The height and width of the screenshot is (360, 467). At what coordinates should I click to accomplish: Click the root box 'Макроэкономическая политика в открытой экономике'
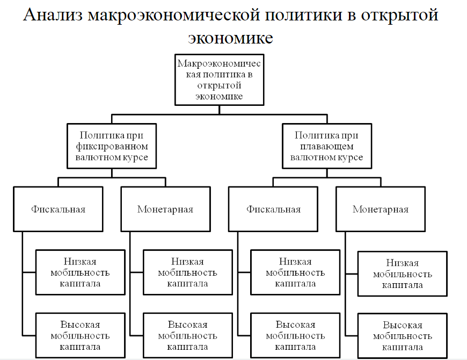219,79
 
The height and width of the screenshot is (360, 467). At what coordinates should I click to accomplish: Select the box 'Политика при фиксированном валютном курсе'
112,146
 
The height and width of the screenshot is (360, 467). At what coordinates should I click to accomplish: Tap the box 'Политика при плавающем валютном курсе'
326,146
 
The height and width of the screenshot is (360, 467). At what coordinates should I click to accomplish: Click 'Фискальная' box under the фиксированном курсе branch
58,209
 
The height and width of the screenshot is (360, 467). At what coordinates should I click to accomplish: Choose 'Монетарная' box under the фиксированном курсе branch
165,209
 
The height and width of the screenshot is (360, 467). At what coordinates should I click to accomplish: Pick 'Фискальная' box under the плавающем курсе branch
273,209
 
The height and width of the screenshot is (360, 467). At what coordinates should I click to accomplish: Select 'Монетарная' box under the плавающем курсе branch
380,209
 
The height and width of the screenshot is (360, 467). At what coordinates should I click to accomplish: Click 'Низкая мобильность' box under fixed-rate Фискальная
81,272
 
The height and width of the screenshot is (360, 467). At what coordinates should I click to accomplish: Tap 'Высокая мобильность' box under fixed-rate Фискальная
81,335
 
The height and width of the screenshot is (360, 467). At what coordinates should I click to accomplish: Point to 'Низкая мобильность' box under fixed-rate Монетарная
187,272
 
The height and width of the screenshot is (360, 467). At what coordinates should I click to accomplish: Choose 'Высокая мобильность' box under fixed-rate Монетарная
187,335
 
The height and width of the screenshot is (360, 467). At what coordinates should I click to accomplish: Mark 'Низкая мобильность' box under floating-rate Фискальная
295,272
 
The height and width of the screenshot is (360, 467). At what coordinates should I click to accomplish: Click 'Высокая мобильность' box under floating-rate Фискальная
295,335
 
